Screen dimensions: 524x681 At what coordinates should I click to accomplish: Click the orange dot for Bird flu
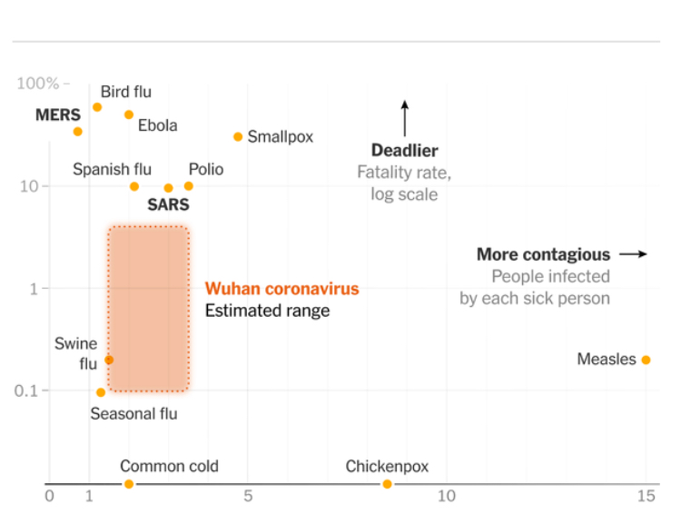click(97, 107)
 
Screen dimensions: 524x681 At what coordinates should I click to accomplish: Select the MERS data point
click(77, 132)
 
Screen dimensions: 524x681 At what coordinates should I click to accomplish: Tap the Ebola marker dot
click(129, 114)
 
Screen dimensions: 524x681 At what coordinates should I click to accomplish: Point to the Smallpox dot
click(238, 137)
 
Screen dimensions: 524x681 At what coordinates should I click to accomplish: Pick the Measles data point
click(646, 360)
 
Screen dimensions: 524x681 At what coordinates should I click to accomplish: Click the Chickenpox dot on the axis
click(387, 484)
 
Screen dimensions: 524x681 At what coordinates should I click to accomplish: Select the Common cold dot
click(129, 484)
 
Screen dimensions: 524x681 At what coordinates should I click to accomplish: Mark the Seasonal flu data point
click(101, 392)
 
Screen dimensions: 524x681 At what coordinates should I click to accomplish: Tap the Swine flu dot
click(109, 360)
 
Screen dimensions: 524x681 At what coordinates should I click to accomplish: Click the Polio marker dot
click(188, 186)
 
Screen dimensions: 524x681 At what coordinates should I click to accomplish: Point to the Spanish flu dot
click(134, 186)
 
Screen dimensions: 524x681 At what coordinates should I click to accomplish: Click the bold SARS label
click(168, 205)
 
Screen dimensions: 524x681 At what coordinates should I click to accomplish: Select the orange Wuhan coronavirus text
click(281, 289)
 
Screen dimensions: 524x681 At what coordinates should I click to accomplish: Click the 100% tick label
click(37, 84)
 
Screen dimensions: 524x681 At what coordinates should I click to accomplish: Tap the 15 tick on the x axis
click(646, 496)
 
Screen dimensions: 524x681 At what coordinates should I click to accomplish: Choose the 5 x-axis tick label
click(248, 496)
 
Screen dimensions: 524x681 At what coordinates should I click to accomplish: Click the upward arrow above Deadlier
click(405, 118)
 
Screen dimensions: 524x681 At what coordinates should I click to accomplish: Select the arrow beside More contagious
click(633, 254)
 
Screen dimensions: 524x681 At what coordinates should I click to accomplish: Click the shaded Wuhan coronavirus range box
click(149, 309)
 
